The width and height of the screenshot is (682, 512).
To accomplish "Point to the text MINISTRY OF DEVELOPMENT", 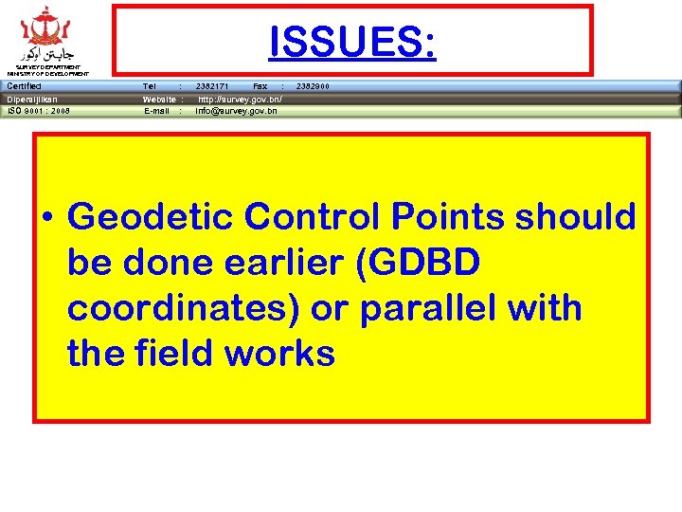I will click(47, 73).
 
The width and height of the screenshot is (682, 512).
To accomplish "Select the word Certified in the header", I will click(24, 86).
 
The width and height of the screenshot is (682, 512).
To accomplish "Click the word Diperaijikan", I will click(32, 99).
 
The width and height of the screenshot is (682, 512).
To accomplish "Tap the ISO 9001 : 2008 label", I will click(39, 111).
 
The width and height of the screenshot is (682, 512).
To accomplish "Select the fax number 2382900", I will click(313, 86).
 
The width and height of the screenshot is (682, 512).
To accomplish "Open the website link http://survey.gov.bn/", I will click(240, 99).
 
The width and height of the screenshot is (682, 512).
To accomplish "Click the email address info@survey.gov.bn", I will click(237, 111).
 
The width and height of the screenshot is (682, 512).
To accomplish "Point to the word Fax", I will click(260, 86).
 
